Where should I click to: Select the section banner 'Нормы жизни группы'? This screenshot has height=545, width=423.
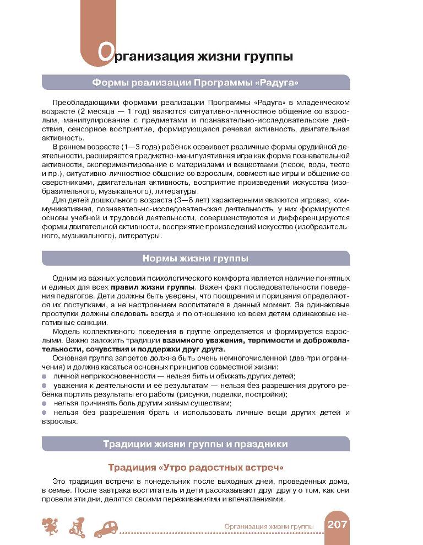(196, 258)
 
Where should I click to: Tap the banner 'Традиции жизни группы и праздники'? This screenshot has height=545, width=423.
(196, 444)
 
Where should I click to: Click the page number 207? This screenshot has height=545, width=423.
(337, 525)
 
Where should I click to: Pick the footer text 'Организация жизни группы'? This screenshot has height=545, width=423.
(269, 527)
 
